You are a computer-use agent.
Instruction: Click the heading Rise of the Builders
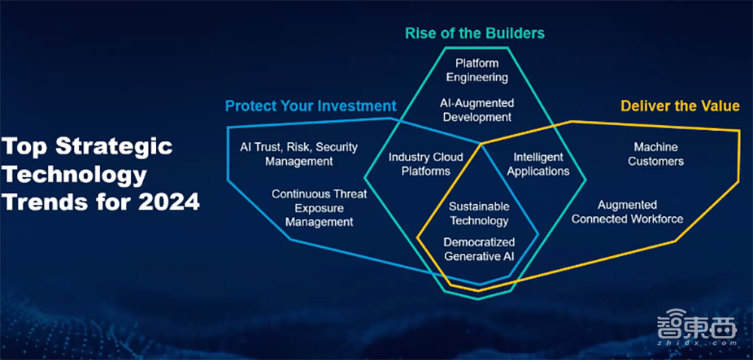pos(474,33)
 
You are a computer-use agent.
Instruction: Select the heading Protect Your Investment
pos(310,105)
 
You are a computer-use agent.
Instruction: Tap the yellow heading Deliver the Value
pos(679,105)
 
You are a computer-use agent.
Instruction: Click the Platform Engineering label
pos(477,70)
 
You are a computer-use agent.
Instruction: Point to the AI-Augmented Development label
pos(477,109)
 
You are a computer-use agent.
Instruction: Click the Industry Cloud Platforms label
pos(425,164)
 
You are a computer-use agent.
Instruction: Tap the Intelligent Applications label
pos(538,164)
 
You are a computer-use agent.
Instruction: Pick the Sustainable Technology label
pos(479,213)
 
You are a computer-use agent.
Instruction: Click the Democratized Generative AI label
pos(479,249)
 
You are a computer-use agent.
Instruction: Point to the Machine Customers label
pos(655,154)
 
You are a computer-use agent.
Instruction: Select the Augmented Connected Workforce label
pos(627,212)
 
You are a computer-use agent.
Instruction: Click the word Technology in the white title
pos(74,175)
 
